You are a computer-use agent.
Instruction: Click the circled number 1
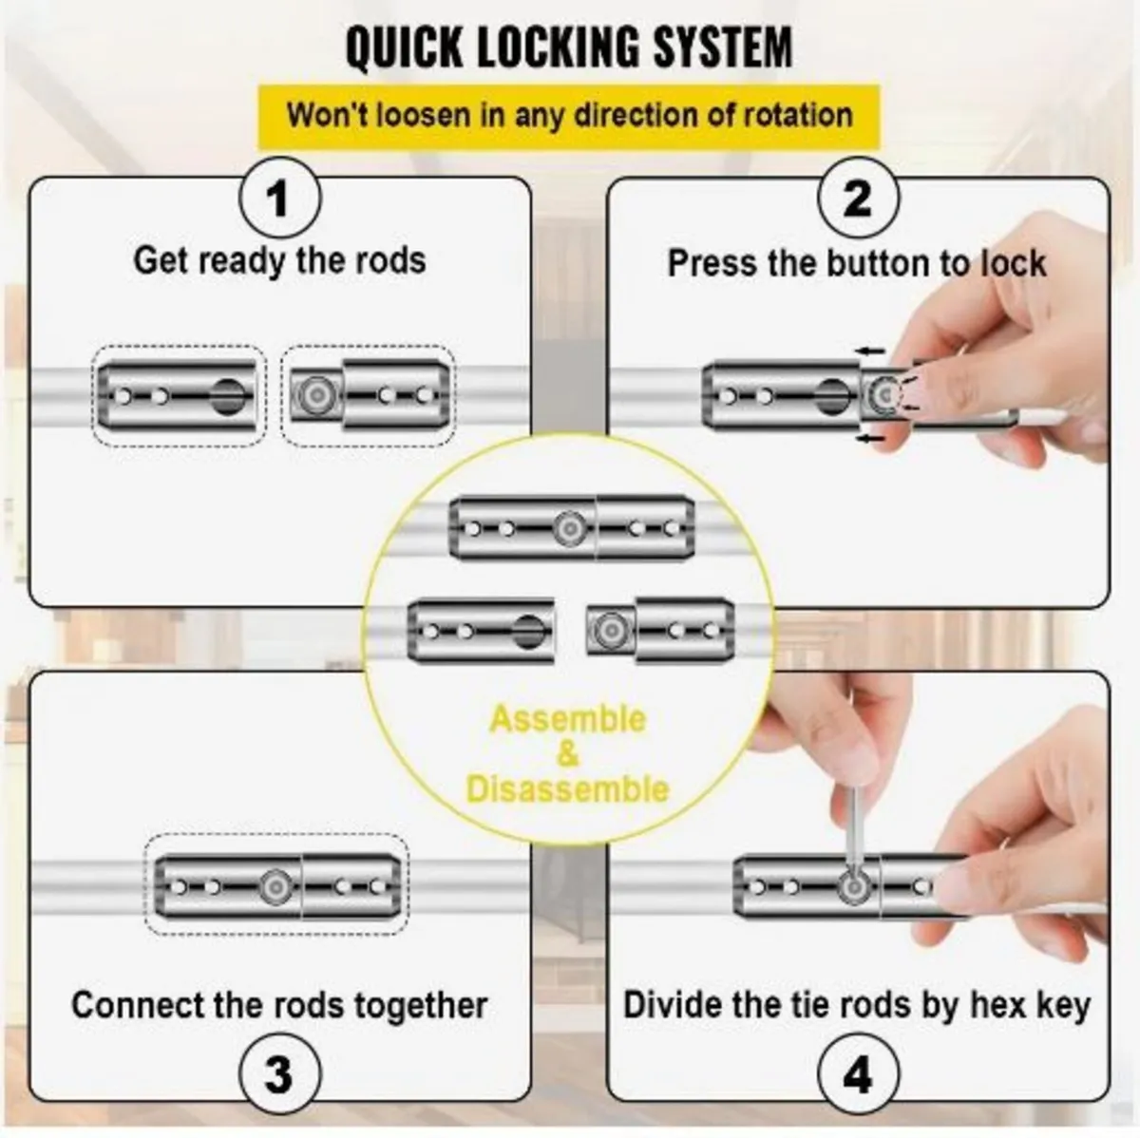tap(279, 199)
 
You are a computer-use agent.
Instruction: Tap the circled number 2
tap(857, 199)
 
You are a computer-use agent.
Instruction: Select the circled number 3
tap(279, 1073)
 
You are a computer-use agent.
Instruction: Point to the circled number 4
tap(857, 1073)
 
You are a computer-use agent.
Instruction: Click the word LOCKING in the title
tap(558, 47)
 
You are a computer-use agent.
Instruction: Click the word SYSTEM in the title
tap(722, 47)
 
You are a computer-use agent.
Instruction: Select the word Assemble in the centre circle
tap(567, 720)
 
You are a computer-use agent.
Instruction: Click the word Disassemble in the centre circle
tap(567, 788)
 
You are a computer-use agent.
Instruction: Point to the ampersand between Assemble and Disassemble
tap(567, 754)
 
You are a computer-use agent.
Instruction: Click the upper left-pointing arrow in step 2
tap(871, 351)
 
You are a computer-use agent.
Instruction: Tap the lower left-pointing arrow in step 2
tap(871, 439)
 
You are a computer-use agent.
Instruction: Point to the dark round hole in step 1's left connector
tap(227, 397)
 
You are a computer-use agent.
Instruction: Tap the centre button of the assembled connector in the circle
tap(569, 528)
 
